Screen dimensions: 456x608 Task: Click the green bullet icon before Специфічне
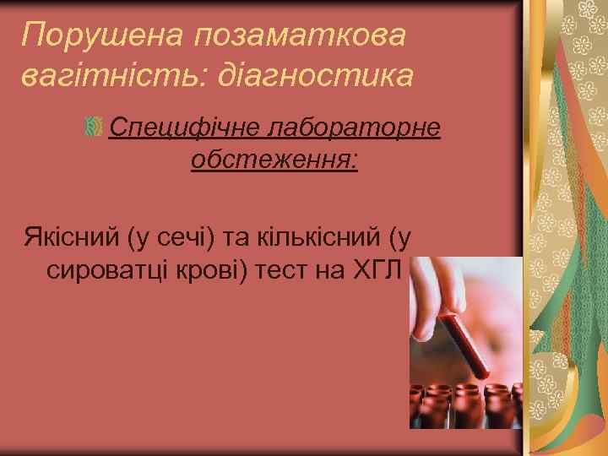tap(94, 128)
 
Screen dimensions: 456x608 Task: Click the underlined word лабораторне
tap(353, 128)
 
